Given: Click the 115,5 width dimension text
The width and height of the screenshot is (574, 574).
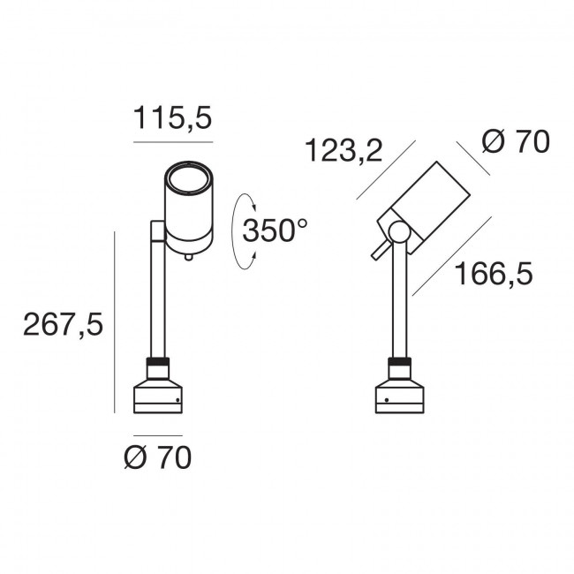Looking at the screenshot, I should tap(172, 117).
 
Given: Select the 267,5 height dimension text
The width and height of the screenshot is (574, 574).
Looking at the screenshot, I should tap(63, 325).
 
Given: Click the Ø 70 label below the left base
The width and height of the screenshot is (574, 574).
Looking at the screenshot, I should tap(157, 458).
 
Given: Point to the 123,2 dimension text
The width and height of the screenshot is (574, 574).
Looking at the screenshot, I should tap(343, 151).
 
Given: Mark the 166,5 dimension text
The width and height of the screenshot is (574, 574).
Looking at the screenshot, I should tap(494, 275).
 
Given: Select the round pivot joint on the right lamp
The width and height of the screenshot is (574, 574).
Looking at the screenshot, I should tap(398, 232).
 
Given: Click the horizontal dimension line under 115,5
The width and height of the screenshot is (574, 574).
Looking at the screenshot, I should tap(172, 141).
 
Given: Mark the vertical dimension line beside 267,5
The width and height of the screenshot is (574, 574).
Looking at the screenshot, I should tap(115, 322).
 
